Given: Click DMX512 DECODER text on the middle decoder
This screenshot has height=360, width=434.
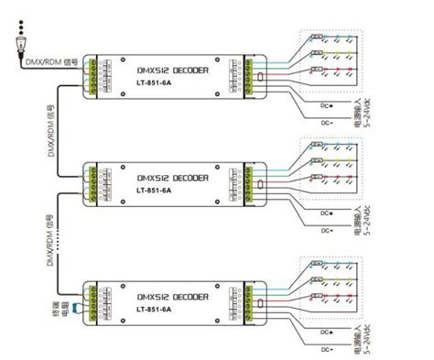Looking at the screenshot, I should point(172,177).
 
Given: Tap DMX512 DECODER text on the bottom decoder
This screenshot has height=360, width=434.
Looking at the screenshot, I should point(172,297).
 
